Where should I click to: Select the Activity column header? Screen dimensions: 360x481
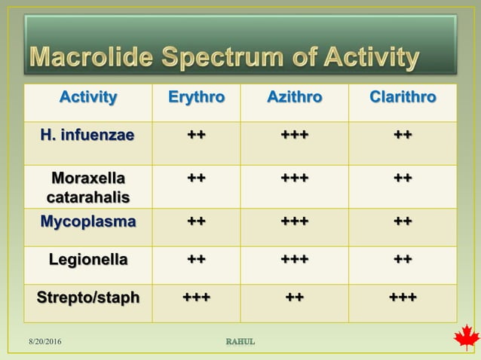point(88,97)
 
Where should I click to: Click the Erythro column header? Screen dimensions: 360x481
point(196,97)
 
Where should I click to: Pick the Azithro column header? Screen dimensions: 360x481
point(294,97)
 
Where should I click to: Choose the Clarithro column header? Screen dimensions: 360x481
point(402,97)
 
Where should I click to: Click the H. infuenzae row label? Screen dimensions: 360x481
point(88,136)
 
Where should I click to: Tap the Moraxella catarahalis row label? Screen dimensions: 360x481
point(88,188)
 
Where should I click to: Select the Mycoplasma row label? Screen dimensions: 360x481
point(88,222)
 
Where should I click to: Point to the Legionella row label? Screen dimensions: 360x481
point(88,260)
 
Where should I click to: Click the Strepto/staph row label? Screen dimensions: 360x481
point(88,297)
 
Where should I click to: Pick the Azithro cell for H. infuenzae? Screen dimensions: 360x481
point(294,136)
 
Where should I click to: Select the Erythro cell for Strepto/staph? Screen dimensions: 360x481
point(196,297)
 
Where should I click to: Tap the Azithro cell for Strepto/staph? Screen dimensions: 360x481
point(294,297)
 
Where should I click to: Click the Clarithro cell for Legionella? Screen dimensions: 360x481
point(402,260)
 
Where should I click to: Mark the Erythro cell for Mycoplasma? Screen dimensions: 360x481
point(196,222)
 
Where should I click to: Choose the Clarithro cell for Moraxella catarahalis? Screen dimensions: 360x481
point(402,178)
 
